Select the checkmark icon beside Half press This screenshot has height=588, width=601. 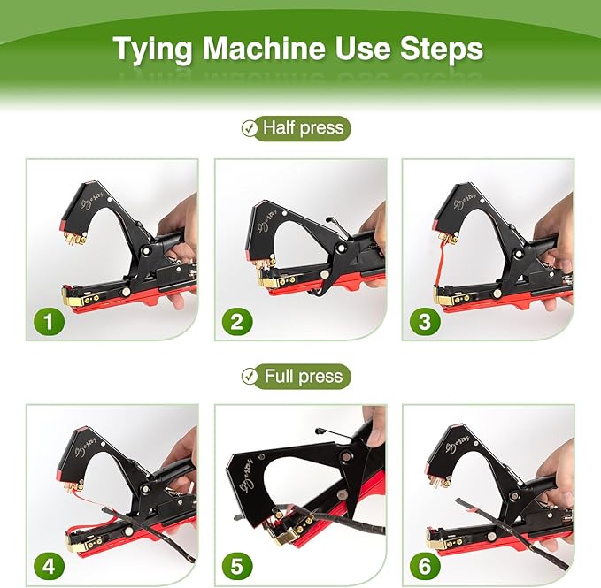pyautogui.click(x=250, y=129)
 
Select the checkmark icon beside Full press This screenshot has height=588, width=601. pyautogui.click(x=250, y=377)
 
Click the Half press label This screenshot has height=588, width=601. pyautogui.click(x=303, y=129)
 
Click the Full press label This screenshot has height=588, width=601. pyautogui.click(x=303, y=377)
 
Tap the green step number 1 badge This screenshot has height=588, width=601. pyautogui.click(x=49, y=321)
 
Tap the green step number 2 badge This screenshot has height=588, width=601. pyautogui.click(x=236, y=321)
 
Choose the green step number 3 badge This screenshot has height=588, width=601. pyautogui.click(x=425, y=321)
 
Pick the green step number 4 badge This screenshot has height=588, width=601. pyautogui.click(x=49, y=566)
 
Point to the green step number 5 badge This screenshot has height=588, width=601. pyautogui.click(x=236, y=566)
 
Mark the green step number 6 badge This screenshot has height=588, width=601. pyautogui.click(x=425, y=566)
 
